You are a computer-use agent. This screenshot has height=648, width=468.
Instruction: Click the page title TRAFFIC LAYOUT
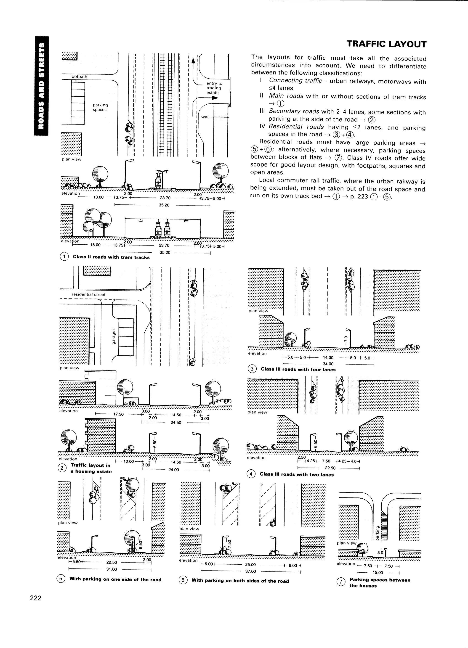click(386, 44)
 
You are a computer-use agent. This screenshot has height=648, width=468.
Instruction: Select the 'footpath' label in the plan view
click(79, 77)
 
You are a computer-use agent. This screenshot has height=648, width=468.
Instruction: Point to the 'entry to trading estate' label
click(214, 88)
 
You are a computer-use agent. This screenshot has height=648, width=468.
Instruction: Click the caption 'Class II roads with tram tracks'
click(111, 257)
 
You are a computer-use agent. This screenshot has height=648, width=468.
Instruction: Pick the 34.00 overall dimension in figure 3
click(328, 364)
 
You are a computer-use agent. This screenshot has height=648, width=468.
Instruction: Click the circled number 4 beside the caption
click(251, 474)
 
